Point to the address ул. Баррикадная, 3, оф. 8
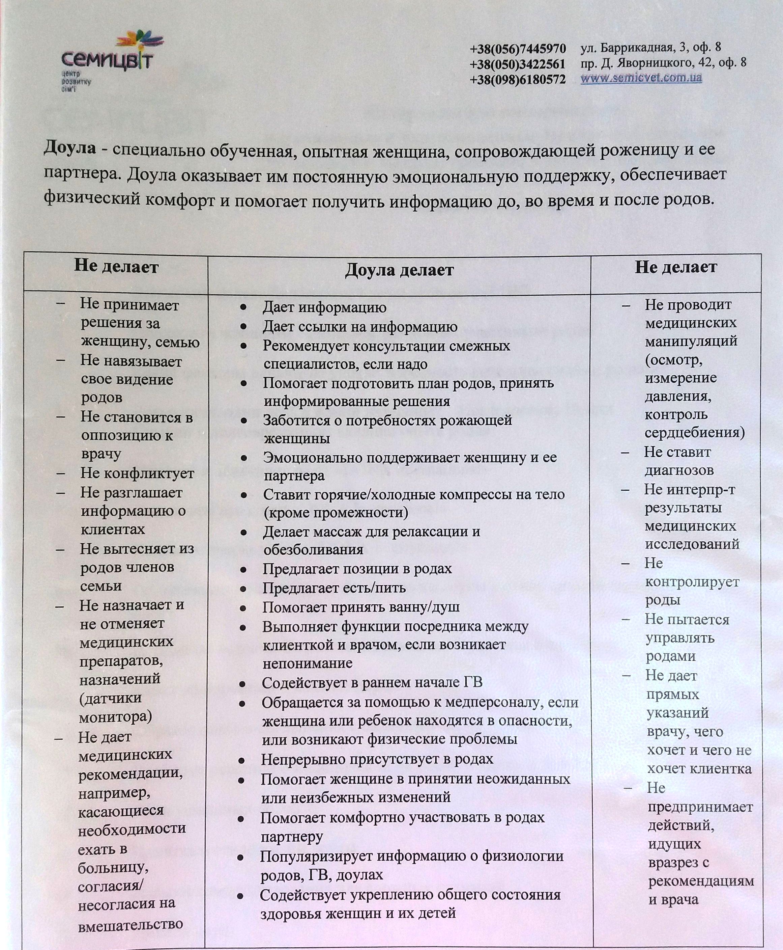pyautogui.click(x=650, y=47)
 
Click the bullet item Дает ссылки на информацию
pyautogui.click(x=360, y=326)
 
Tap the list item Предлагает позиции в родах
pyautogui.click(x=357, y=569)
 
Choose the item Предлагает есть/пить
pyautogui.click(x=334, y=588)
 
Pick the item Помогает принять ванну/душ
pyautogui.click(x=361, y=607)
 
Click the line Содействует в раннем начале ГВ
pyautogui.click(x=372, y=682)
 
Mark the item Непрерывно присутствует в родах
pyautogui.click(x=377, y=759)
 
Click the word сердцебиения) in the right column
pyautogui.click(x=694, y=432)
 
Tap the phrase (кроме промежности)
pyautogui.click(x=336, y=513)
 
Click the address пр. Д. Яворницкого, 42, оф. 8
pyautogui.click(x=663, y=62)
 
